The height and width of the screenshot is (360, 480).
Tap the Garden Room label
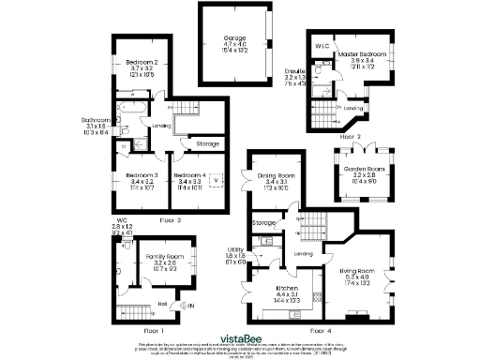click(x=364, y=169)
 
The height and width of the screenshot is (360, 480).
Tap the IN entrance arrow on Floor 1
click(x=189, y=305)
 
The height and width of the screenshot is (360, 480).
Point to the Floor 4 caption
click(x=320, y=330)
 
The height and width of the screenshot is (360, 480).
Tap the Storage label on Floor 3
click(x=207, y=143)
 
